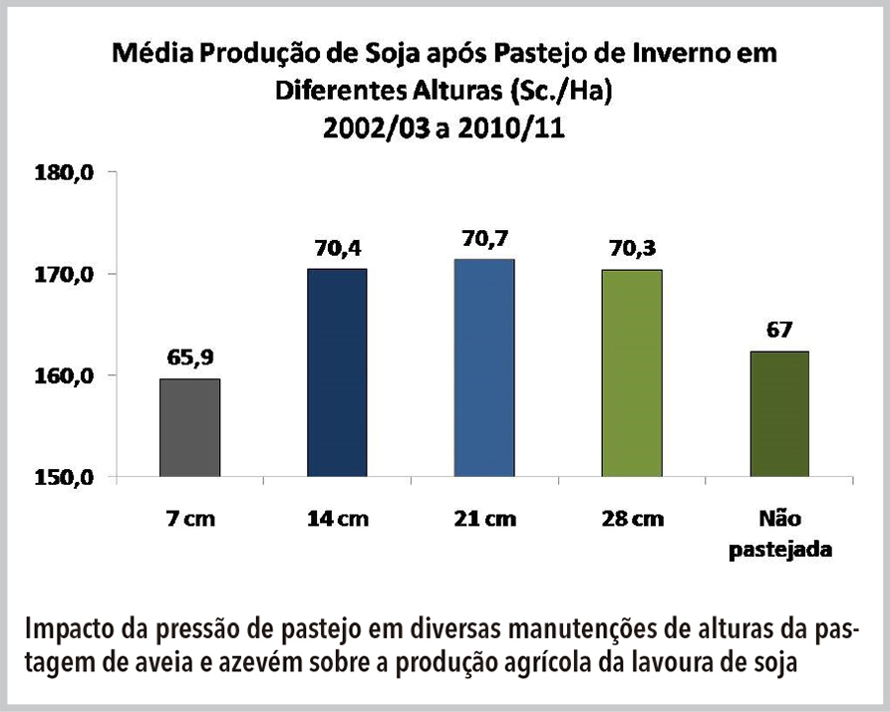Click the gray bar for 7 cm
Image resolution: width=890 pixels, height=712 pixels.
[x=189, y=428]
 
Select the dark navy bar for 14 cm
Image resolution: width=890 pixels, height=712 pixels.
[x=337, y=373]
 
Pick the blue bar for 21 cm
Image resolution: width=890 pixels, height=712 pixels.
[x=484, y=368]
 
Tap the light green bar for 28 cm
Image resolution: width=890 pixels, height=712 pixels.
[x=632, y=373]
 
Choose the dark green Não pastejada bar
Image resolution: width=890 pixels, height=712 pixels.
[x=778, y=414]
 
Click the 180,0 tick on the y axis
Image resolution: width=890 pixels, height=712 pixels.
[x=68, y=173]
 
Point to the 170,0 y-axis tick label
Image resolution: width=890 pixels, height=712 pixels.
[x=68, y=275]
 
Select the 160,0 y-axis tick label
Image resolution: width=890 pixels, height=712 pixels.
[x=68, y=376]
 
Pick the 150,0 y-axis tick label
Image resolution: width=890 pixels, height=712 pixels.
[x=68, y=478]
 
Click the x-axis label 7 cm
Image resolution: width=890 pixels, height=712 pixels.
[x=189, y=520]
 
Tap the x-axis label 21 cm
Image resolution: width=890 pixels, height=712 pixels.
[x=484, y=520]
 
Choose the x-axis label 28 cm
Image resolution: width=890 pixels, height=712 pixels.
[x=632, y=520]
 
